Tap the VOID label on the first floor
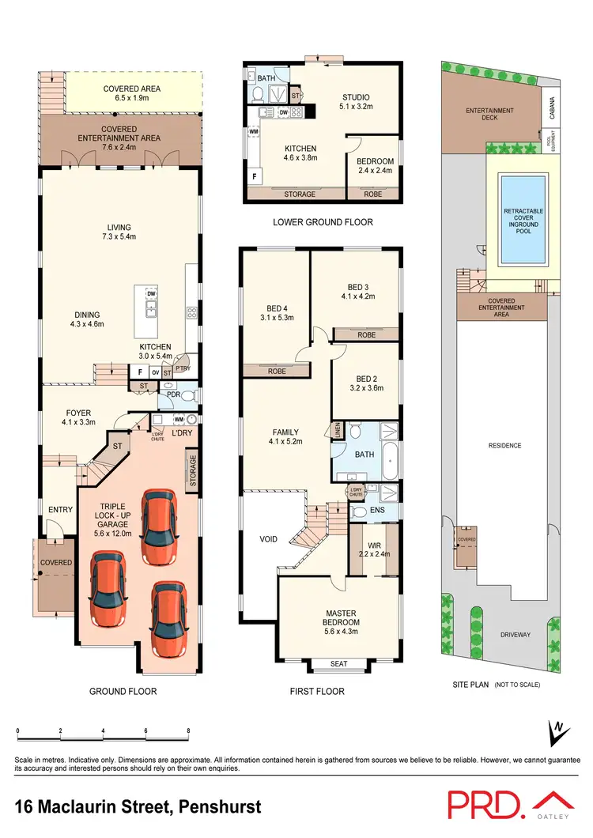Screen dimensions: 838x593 click(268, 539)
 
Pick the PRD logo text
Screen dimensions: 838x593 click(485, 804)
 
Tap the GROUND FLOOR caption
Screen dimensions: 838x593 click(123, 691)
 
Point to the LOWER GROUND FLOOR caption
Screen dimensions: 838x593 click(323, 222)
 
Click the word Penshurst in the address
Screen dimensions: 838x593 click(214, 808)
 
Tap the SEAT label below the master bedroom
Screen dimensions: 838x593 click(339, 663)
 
